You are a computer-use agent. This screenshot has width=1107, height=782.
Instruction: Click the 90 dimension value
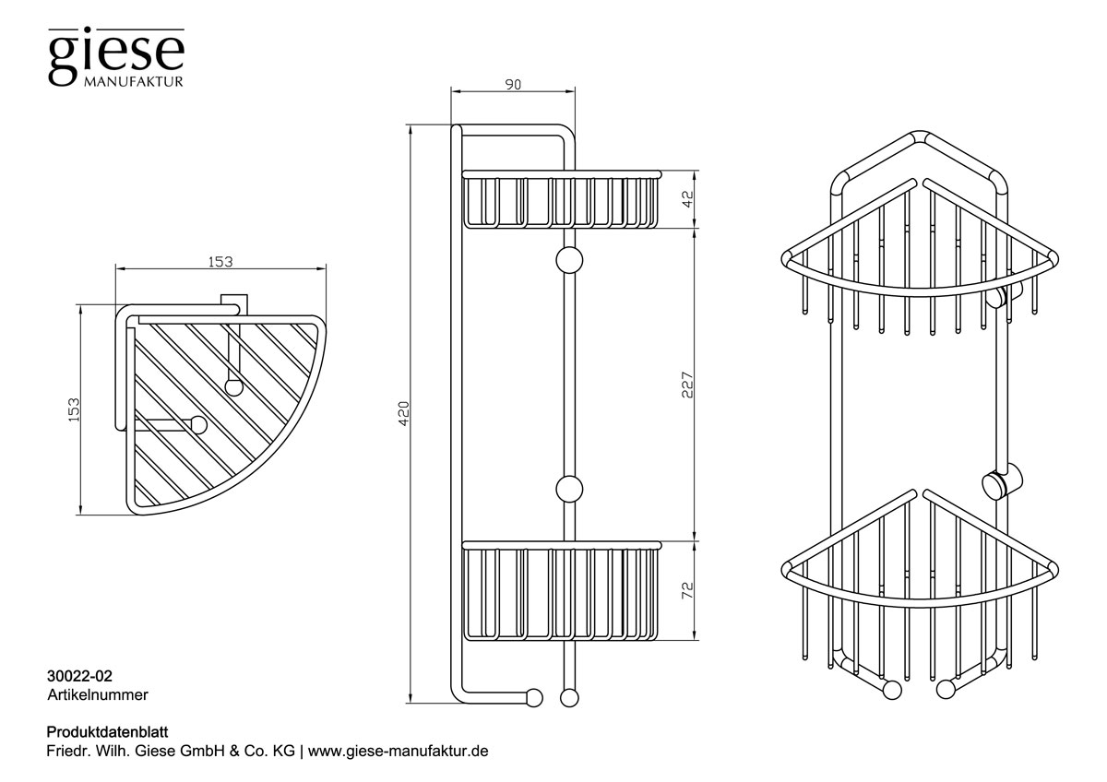(513, 85)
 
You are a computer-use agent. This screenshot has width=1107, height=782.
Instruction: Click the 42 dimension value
(685, 199)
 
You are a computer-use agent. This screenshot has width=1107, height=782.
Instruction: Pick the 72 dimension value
(685, 589)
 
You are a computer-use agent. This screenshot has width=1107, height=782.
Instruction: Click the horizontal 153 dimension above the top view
(220, 262)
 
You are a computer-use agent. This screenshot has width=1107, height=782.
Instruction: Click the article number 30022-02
(79, 677)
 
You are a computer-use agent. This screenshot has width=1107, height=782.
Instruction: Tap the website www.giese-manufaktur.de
(398, 751)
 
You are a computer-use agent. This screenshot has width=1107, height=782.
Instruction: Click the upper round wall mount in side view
(568, 260)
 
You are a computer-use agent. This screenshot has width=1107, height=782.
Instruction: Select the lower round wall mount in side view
(568, 488)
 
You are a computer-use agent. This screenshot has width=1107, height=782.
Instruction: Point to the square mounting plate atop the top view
(235, 302)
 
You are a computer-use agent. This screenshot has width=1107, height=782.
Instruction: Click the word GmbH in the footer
(225, 751)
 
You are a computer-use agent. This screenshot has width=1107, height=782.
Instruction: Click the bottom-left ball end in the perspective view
(892, 689)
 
